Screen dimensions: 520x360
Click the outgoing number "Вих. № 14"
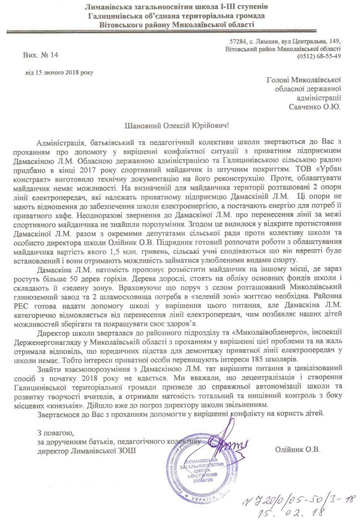coord(40,56)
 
